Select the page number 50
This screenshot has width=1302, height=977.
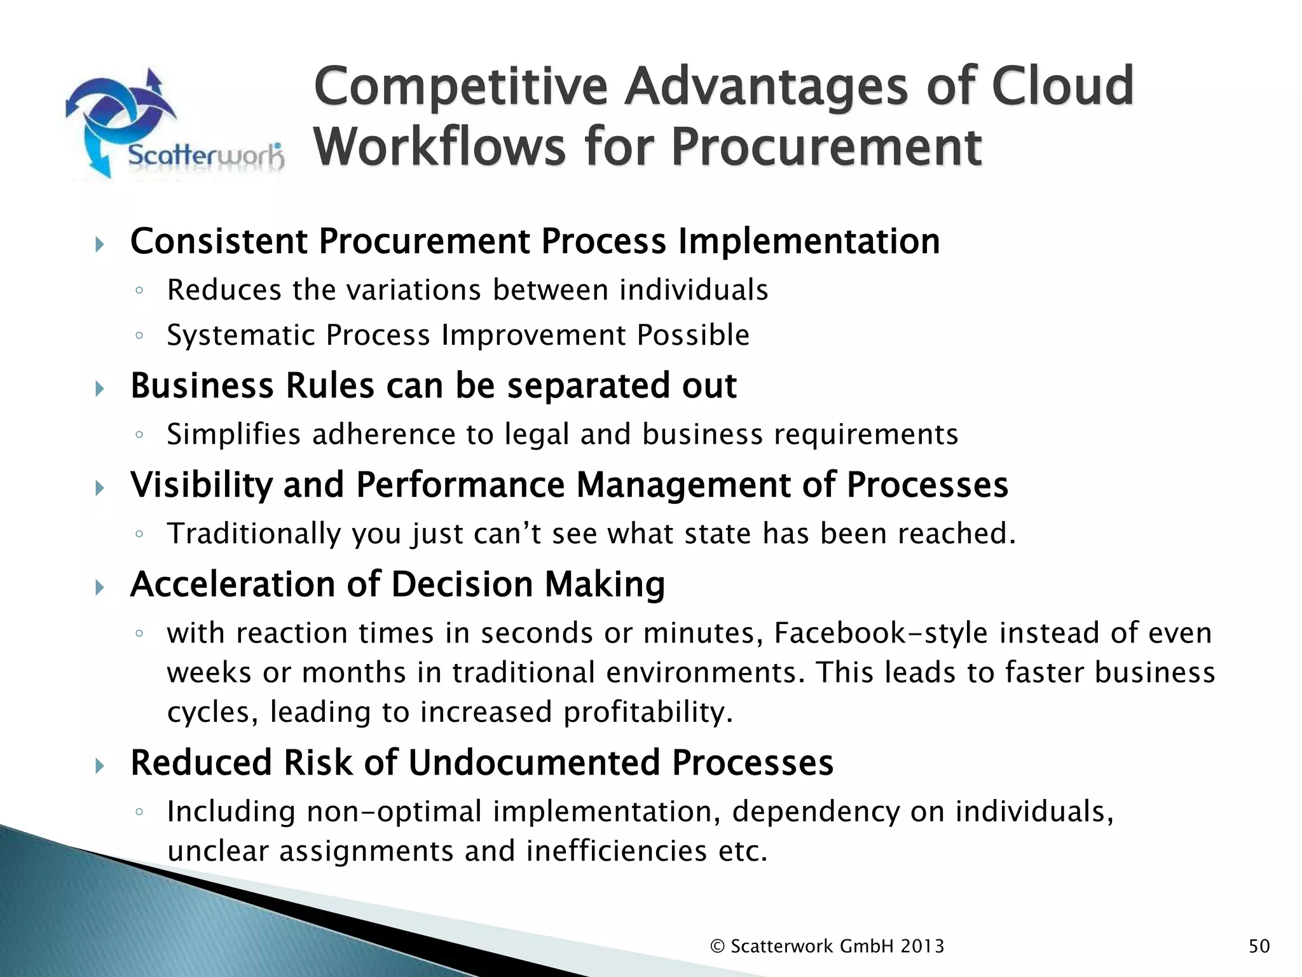click(x=1259, y=946)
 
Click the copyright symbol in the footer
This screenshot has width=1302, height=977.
click(x=717, y=946)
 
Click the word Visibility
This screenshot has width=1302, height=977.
click(x=201, y=485)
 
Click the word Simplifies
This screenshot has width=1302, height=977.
click(x=233, y=435)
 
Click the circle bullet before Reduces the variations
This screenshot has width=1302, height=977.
click(x=139, y=291)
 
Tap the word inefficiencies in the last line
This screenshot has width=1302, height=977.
click(x=617, y=851)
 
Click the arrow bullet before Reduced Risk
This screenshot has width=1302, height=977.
click(x=99, y=765)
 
